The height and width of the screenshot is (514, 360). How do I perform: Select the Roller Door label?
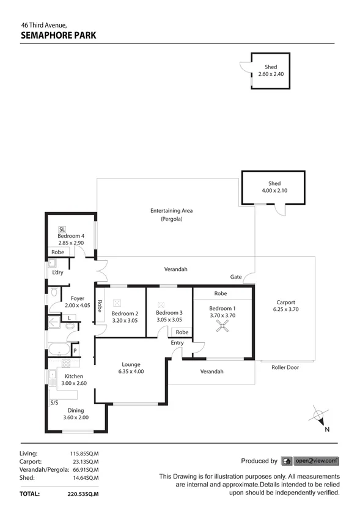285,367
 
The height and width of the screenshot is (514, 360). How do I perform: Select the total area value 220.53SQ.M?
84,493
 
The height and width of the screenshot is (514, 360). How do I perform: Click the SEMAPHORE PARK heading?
58,35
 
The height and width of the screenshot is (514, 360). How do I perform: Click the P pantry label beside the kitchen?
75,351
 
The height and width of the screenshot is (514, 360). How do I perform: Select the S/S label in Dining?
54,403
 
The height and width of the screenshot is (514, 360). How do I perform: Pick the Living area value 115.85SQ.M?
84,453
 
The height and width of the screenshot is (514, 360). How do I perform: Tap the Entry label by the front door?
177,343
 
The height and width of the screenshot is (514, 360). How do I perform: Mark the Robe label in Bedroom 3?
181,332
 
